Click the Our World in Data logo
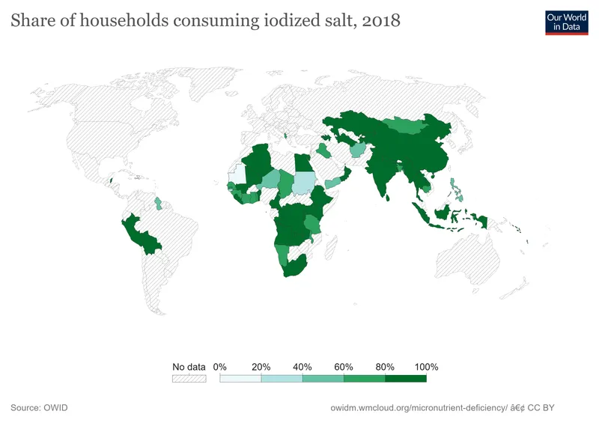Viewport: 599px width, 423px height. pyautogui.click(x=567, y=22)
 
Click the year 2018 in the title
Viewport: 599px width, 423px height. pyautogui.click(x=380, y=21)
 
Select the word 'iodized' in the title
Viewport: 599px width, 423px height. pyautogui.click(x=286, y=21)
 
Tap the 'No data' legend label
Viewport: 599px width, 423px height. pyautogui.click(x=189, y=367)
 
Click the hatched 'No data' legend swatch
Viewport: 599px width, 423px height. pyautogui.click(x=189, y=379)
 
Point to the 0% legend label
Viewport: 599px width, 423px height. pyautogui.click(x=220, y=367)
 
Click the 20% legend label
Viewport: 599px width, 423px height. pyautogui.click(x=261, y=367)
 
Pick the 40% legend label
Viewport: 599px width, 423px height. pyautogui.click(x=302, y=367)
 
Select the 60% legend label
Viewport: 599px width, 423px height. pyautogui.click(x=344, y=367)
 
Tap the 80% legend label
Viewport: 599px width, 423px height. pyautogui.click(x=385, y=367)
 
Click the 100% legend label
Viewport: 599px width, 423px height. pyautogui.click(x=425, y=367)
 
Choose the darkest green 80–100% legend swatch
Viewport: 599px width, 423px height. pyautogui.click(x=405, y=379)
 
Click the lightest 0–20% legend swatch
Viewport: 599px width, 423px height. pyautogui.click(x=240, y=379)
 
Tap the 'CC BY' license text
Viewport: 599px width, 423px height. pyautogui.click(x=541, y=408)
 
